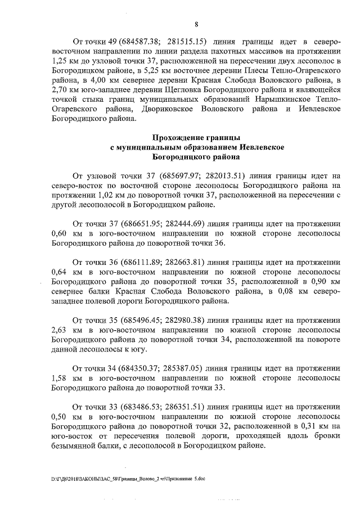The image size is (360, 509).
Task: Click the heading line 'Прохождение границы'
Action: [x=196, y=137]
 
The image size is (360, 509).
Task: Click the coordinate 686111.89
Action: [x=136, y=262]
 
